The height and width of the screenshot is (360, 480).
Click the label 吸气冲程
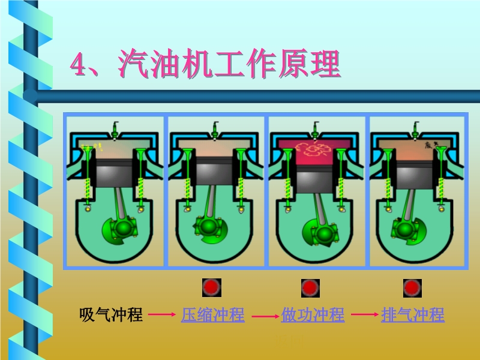pyautogui.click(x=111, y=314)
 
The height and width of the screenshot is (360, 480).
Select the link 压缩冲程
pyautogui.click(x=213, y=314)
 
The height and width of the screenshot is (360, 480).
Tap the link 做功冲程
pyautogui.click(x=313, y=314)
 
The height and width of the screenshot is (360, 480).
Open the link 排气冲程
pyautogui.click(x=413, y=314)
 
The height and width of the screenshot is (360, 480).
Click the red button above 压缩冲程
pyautogui.click(x=211, y=288)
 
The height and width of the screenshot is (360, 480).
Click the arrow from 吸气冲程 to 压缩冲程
pyautogui.click(x=162, y=315)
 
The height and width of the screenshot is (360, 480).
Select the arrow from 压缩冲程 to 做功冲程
pyautogui.click(x=263, y=315)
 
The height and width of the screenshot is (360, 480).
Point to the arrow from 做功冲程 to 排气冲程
pyautogui.click(x=363, y=315)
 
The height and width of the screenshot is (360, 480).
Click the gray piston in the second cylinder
pyautogui.click(x=215, y=172)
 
